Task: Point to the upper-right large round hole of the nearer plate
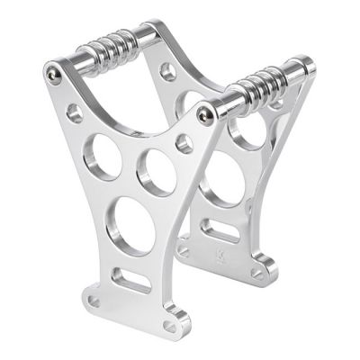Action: (157, 171)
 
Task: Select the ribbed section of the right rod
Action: (264, 78)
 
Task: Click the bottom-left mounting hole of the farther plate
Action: (184, 251)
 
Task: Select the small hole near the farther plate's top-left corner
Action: (167, 70)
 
